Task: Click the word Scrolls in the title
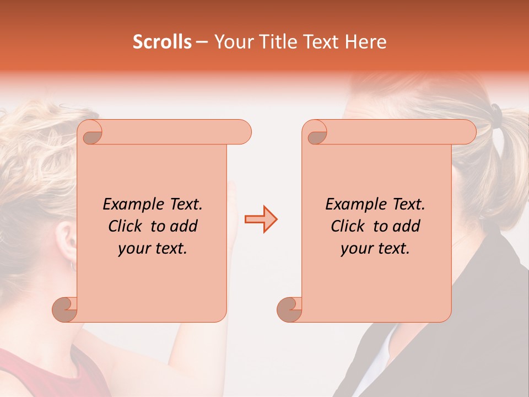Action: click(163, 42)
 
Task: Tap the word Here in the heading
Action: click(366, 42)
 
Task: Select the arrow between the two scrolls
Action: click(261, 219)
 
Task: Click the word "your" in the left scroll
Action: click(134, 249)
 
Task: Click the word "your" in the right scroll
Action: click(357, 249)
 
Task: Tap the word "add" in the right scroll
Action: click(407, 226)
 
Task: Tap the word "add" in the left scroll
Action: click(185, 226)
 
